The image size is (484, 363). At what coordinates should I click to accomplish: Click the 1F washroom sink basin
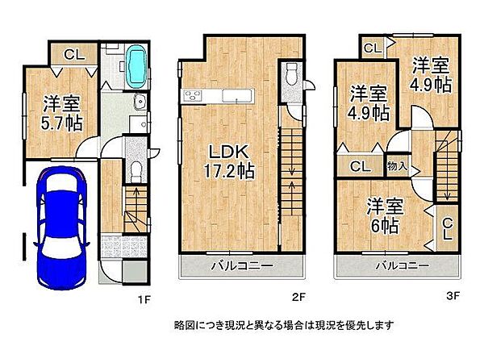(x=139, y=102)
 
